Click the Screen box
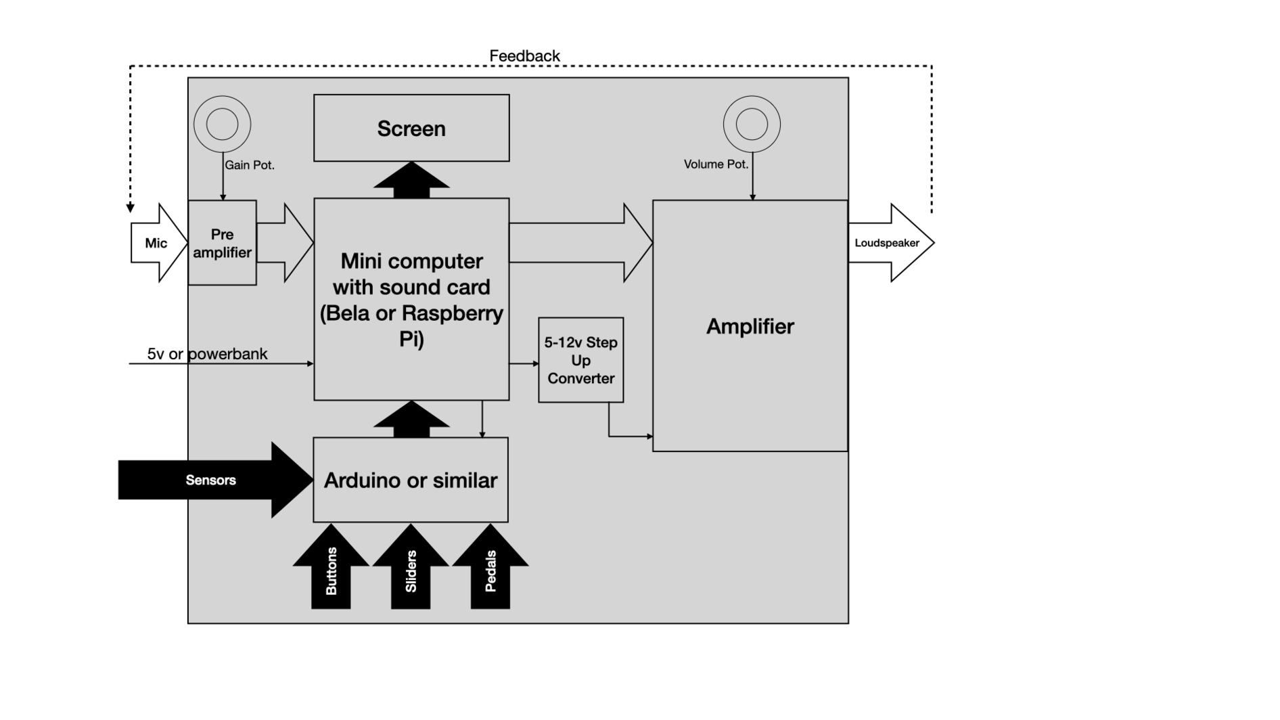click(x=411, y=128)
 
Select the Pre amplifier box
click(x=222, y=243)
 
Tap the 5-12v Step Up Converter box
click(x=580, y=360)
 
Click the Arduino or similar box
click(x=411, y=480)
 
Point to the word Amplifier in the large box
click(x=750, y=326)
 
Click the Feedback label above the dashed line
click(x=524, y=56)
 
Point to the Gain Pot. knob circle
click(x=222, y=124)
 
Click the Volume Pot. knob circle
click(x=752, y=124)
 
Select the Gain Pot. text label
click(x=250, y=165)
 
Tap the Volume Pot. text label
click(x=716, y=164)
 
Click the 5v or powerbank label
click(x=207, y=354)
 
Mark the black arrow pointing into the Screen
click(x=411, y=181)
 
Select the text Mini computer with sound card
click(x=411, y=274)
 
